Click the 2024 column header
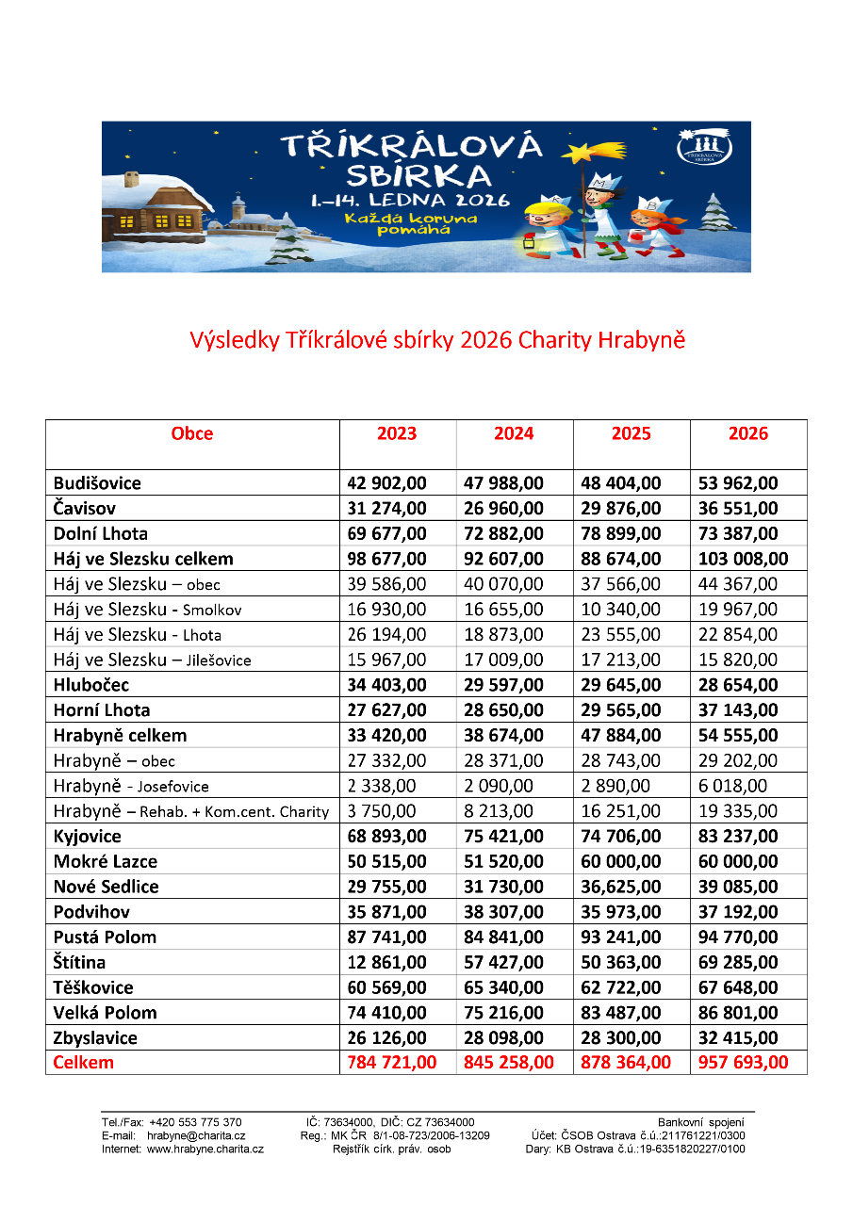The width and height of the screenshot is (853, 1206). coord(514,433)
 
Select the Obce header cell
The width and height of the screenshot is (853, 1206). coord(192,433)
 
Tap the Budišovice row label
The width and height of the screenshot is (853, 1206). coord(98,483)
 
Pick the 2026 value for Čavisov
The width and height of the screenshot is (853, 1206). coord(738,509)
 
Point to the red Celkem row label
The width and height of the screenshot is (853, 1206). coord(84,1063)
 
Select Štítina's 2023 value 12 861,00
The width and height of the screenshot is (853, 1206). coord(386,962)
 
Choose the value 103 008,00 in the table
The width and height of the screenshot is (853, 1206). coord(743,559)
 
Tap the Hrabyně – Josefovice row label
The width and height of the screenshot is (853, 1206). coord(132,786)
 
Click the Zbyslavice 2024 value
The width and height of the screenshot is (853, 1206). coord(503,1037)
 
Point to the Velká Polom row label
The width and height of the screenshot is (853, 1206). coord(106,1013)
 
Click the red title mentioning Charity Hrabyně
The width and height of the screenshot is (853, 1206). coord(437,340)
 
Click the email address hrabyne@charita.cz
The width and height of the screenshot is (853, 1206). coord(196,1135)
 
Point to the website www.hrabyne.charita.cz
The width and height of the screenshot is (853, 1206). coord(205,1149)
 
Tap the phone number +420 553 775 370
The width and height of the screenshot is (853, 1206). coord(195,1122)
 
